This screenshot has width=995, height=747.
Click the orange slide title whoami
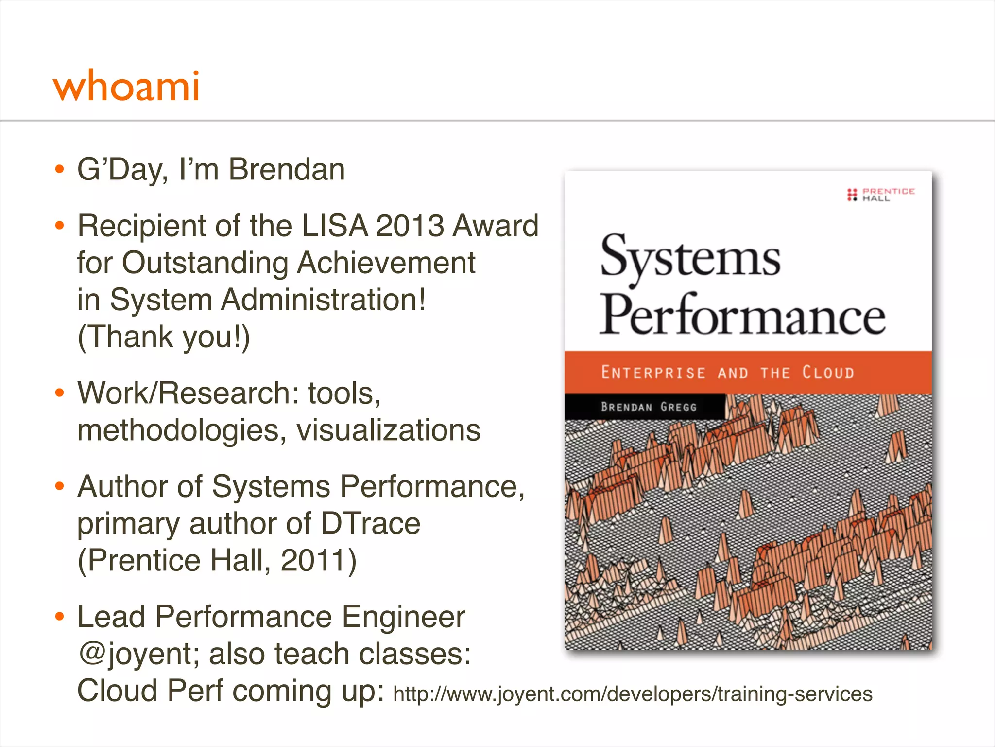126,87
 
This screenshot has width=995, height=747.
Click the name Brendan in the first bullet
287,170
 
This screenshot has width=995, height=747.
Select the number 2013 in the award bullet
410,226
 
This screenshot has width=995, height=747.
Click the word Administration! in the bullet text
323,300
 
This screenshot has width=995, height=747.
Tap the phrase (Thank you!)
164,337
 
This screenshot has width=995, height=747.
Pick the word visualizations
388,430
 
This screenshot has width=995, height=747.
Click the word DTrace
370,523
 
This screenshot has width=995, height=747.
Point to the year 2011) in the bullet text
318,560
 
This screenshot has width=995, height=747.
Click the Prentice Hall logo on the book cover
881,195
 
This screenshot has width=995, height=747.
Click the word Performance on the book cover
742,316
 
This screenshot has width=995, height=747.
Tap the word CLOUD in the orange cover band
828,373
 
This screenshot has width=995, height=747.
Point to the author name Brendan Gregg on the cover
648,407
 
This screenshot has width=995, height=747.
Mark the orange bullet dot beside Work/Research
60,393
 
